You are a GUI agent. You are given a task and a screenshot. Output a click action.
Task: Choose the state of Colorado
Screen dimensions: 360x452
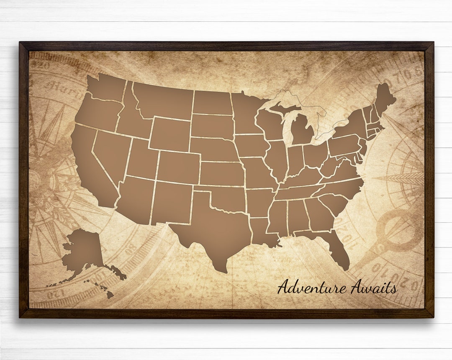[178, 167]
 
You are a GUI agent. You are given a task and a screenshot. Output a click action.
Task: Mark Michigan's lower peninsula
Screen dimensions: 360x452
[301, 130]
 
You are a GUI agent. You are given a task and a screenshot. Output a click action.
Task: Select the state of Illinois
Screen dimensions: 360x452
[277, 159]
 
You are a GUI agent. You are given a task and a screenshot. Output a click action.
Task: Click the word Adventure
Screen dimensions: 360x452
[312, 288]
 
